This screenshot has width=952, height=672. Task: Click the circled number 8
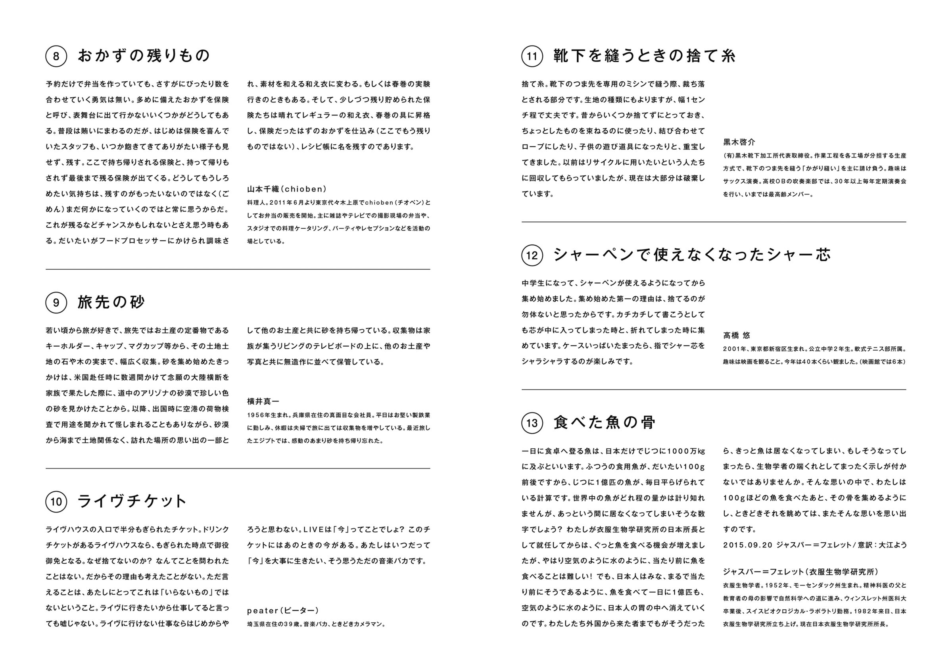pyautogui.click(x=56, y=56)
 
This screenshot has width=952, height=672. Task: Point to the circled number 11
pyautogui.click(x=532, y=56)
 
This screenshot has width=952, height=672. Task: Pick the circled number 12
pyautogui.click(x=532, y=255)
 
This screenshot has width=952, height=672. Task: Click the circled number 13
pyautogui.click(x=532, y=423)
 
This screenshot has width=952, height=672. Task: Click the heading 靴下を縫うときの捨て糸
pyautogui.click(x=645, y=56)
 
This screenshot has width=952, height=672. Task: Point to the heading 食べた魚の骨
pyautogui.click(x=605, y=423)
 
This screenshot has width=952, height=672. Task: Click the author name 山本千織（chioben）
pyautogui.click(x=287, y=189)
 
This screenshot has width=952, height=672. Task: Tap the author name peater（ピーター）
pyautogui.click(x=283, y=611)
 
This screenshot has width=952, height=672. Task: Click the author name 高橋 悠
pyautogui.click(x=737, y=335)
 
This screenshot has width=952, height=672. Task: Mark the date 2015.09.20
pyautogui.click(x=748, y=545)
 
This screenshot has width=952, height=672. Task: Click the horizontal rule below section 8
pyautogui.click(x=238, y=269)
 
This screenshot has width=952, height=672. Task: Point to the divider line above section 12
pyautogui.click(x=714, y=222)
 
